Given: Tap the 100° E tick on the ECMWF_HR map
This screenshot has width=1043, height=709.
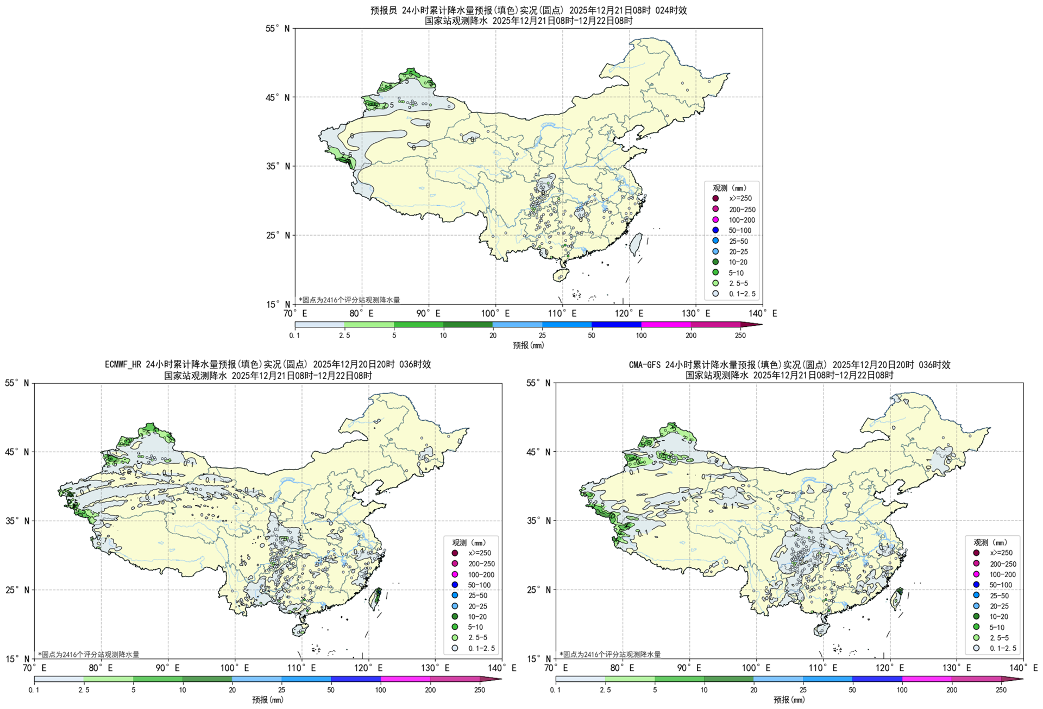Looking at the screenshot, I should point(234,668).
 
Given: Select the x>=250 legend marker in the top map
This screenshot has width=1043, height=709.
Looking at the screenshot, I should point(715,199).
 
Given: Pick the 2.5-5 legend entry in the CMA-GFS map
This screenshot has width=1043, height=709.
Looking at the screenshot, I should point(999,638).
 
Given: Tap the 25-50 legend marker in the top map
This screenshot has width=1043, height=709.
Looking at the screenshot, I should point(715,241).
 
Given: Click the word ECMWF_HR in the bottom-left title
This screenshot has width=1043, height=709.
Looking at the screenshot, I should point(123,364).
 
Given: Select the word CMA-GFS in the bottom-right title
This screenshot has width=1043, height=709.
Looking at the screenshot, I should point(645,364).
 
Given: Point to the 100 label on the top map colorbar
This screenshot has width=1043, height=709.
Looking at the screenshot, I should point(641,335).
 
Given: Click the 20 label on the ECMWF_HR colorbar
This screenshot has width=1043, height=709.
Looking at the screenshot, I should point(232,690).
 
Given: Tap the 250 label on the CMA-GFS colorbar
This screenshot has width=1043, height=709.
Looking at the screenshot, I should point(1001,690).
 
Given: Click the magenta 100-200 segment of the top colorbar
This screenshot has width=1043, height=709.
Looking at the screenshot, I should point(666,325).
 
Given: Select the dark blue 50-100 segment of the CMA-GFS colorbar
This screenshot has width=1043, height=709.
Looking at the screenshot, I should point(877,679).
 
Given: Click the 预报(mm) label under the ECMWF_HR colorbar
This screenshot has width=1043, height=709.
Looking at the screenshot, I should point(268,700).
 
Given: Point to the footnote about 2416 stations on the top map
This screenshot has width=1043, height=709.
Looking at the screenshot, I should point(349,300).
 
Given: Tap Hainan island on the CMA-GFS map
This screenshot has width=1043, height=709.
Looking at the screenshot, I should point(821,630).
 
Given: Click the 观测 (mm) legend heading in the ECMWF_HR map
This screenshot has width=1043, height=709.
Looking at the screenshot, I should point(469,542).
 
